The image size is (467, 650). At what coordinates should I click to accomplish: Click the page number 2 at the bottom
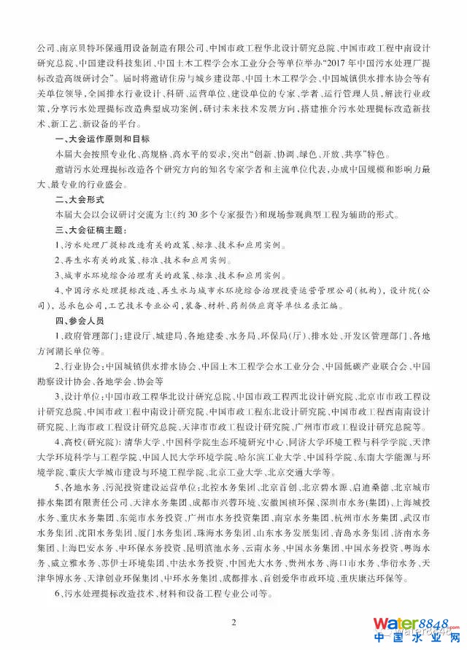tap(233, 622)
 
